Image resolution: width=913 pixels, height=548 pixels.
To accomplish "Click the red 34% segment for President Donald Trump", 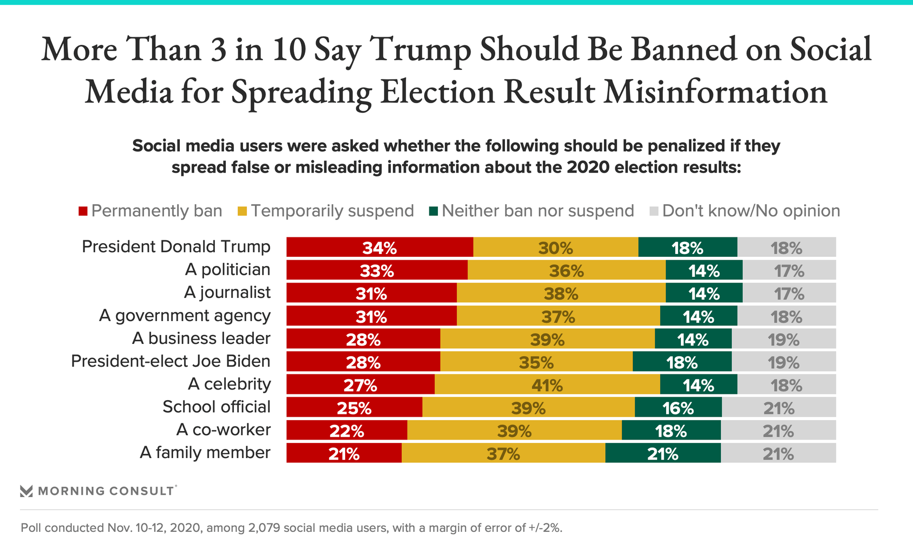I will (x=379, y=247).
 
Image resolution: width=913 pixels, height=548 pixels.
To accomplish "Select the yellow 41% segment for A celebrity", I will (x=547, y=384).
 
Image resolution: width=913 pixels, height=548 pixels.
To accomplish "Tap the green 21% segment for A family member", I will (x=662, y=453).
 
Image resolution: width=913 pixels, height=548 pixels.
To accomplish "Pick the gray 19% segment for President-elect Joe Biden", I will (x=784, y=362).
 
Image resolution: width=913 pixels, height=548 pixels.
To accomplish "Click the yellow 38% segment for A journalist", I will (x=561, y=293).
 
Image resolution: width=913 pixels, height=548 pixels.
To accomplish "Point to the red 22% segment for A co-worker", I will (x=347, y=431).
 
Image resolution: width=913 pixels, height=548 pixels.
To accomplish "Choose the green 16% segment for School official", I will (x=678, y=408).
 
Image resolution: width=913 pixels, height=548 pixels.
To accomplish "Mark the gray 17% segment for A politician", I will (x=789, y=270).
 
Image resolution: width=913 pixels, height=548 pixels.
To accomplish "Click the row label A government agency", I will (x=185, y=315).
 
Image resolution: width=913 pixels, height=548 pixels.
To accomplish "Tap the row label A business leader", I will (x=201, y=338).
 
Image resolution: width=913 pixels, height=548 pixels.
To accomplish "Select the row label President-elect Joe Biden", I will (x=170, y=361).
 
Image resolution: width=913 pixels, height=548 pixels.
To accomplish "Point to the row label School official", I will (x=216, y=407).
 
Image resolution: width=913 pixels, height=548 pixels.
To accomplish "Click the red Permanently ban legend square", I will (x=83, y=211).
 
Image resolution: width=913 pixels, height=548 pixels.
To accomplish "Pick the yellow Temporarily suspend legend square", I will (x=243, y=211).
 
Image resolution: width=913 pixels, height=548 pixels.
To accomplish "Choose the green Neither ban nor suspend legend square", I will (x=433, y=211).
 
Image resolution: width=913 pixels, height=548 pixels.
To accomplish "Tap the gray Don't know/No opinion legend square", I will (x=654, y=211).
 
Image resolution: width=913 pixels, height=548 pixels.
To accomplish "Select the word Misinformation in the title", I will (x=715, y=92).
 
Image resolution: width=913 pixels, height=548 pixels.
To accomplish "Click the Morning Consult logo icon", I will (x=27, y=491).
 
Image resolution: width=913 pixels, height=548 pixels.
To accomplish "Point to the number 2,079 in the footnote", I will (x=264, y=528).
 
